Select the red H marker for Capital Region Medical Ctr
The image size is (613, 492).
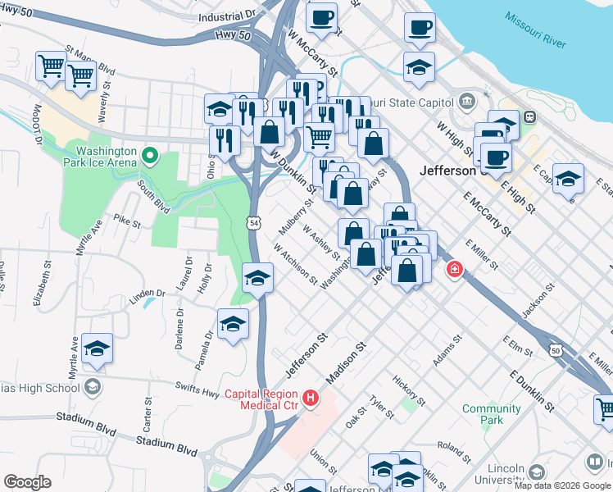(311, 399)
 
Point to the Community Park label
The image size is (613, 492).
(492, 414)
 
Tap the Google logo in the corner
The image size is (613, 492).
(28, 482)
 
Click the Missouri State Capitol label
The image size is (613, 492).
(410, 102)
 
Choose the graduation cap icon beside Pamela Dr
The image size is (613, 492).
(233, 325)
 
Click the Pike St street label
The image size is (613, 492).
(128, 221)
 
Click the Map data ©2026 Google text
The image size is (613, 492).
(562, 485)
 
